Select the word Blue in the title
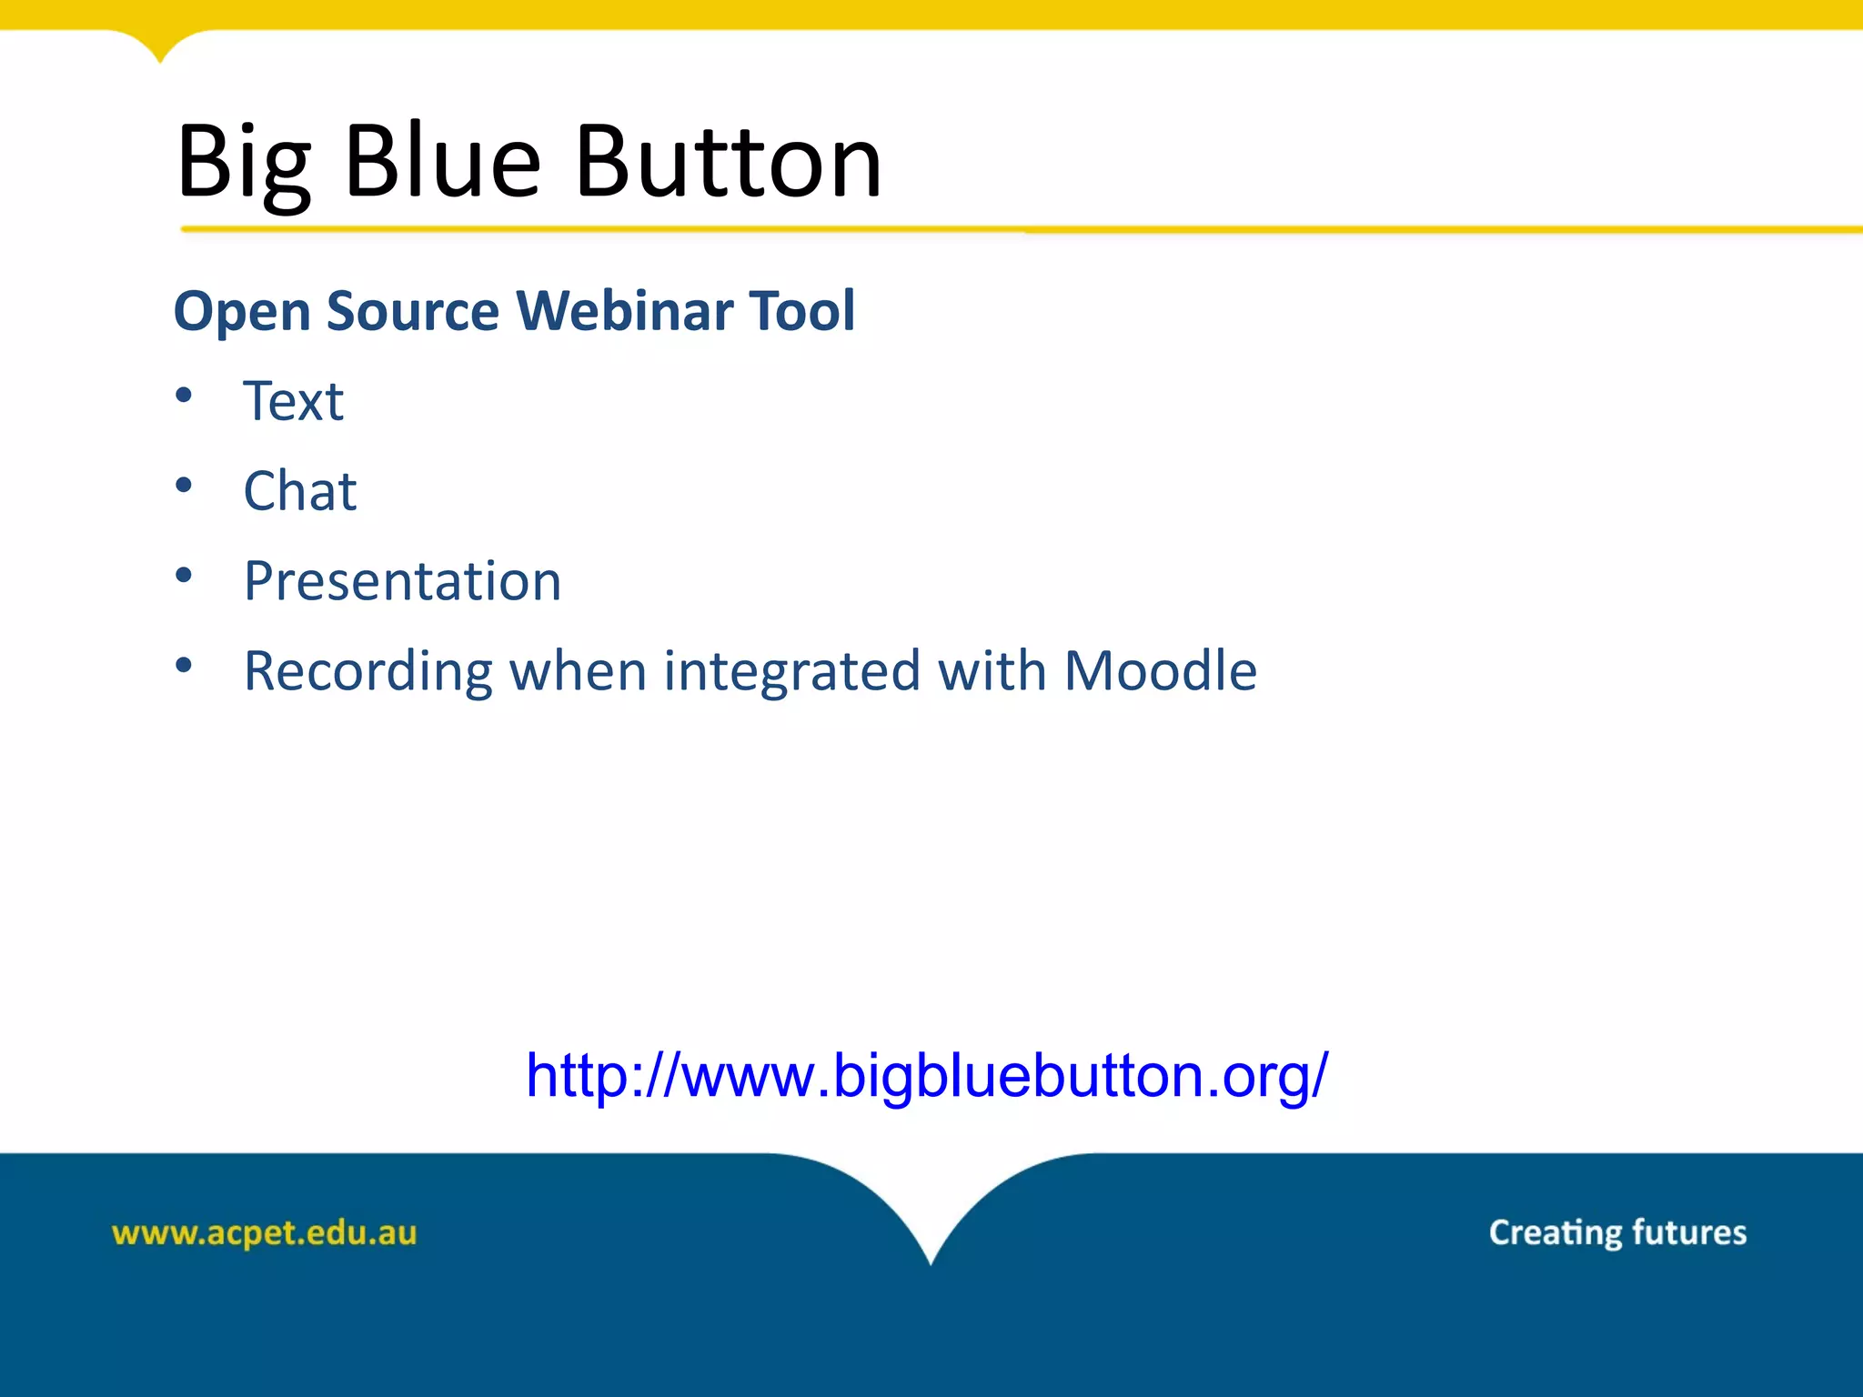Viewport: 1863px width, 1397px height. coord(443,162)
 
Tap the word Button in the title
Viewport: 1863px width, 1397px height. coord(729,162)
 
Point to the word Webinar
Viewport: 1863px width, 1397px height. coord(625,310)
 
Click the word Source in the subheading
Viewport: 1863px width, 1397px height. coord(413,310)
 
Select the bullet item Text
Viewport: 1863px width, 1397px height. coord(293,401)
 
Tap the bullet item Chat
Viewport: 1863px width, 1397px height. coord(299,491)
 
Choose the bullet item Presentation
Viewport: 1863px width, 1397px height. coord(402,581)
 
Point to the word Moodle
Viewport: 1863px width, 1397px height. coord(1160,670)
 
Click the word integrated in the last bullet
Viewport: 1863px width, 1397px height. coord(792,671)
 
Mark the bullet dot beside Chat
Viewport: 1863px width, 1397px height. coord(184,485)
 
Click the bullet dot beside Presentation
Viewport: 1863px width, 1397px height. coord(184,575)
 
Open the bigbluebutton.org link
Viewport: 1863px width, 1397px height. coord(927,1076)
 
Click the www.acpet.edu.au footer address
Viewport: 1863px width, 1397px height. coord(264,1232)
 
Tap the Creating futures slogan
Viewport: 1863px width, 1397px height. coord(1616,1232)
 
